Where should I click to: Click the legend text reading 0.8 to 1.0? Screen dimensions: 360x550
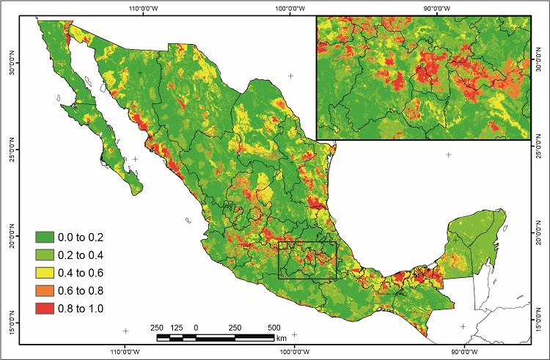pos(84,309)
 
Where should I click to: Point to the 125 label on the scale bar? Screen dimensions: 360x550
pos(175,327)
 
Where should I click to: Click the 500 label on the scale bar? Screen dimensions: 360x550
pos(274,327)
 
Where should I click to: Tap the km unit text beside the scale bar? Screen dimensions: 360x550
pos(282,338)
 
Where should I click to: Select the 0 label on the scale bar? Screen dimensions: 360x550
pos(196,327)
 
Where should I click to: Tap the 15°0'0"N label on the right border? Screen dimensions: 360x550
pos(540,322)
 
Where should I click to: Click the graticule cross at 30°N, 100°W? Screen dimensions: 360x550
pos(291,76)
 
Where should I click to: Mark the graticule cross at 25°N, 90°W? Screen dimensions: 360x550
pos(448,155)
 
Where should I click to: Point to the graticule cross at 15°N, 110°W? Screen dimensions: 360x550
pos(125,331)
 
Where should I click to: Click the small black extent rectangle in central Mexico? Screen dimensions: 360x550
pos(307,260)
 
